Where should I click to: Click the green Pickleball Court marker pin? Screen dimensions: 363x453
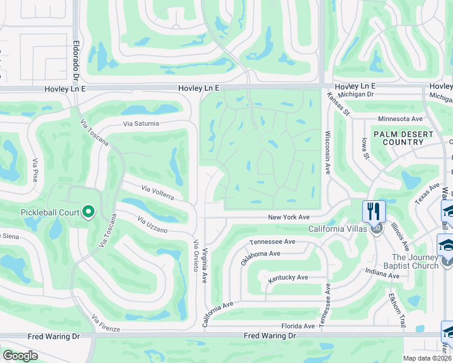click(88, 211)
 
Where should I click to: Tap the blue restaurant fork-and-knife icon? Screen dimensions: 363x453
click(374, 212)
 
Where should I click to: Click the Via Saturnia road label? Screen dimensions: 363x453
click(141, 123)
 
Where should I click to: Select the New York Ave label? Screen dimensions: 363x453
click(289, 217)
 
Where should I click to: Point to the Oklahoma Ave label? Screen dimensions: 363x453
click(260, 258)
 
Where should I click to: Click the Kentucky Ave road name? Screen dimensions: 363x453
click(288, 277)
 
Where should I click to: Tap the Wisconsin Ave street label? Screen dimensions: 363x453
click(328, 153)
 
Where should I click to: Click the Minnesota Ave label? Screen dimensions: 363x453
click(400, 119)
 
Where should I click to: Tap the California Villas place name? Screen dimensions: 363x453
click(337, 229)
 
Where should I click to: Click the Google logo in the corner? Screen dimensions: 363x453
click(20, 355)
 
